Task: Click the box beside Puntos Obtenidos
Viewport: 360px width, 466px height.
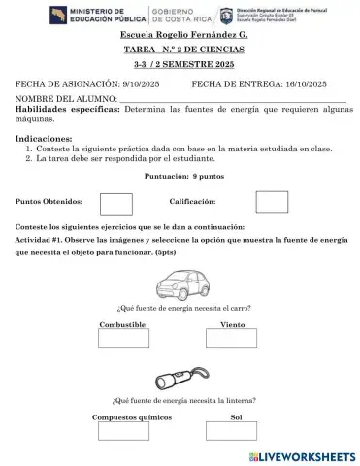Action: (x=116, y=203)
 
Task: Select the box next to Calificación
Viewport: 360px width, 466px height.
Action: (x=271, y=202)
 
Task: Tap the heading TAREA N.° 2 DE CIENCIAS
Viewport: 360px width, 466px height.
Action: (x=180, y=47)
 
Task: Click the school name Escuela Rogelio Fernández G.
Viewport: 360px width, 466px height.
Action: (x=180, y=33)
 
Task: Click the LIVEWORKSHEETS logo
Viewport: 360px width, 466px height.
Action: (x=301, y=455)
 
